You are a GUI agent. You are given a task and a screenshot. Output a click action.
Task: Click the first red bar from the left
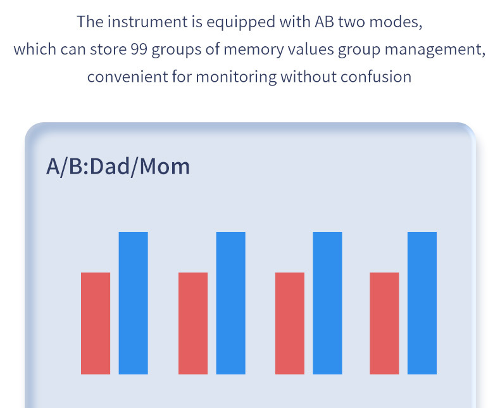click(x=96, y=323)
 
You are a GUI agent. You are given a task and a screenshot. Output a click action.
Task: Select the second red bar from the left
click(x=193, y=323)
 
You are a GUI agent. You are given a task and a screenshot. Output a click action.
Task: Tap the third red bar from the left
click(x=289, y=323)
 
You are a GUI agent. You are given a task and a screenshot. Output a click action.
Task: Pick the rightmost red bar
click(x=384, y=323)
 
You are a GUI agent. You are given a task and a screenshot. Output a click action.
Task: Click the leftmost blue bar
click(x=134, y=303)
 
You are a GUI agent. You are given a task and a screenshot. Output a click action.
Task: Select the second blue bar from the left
click(x=230, y=303)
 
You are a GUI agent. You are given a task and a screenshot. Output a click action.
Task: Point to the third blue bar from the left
click(x=327, y=303)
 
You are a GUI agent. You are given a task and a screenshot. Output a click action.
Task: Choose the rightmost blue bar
click(x=422, y=303)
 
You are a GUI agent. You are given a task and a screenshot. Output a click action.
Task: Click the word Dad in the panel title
click(x=109, y=167)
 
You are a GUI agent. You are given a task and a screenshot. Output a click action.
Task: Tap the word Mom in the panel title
click(x=165, y=167)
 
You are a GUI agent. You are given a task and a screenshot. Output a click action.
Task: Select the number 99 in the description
click(x=139, y=49)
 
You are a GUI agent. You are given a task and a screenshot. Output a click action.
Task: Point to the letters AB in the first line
click(x=324, y=22)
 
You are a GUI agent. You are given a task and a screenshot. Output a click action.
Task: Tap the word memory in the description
click(x=254, y=50)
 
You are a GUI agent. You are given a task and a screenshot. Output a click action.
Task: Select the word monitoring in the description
click(x=236, y=77)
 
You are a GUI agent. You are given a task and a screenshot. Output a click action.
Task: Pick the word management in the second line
click(x=435, y=50)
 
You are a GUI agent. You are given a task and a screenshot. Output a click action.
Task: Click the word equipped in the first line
click(x=241, y=23)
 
